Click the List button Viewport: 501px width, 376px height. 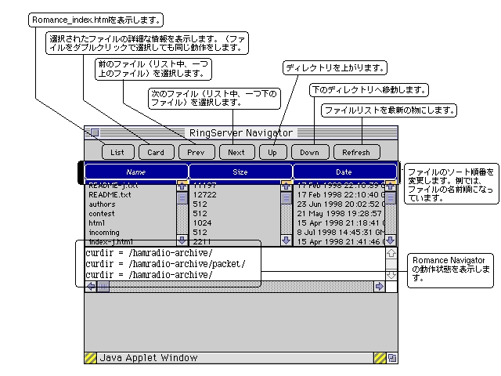(x=117, y=152)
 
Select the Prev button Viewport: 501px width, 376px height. (x=196, y=152)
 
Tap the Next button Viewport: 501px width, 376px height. (x=236, y=152)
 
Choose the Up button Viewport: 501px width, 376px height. (x=272, y=152)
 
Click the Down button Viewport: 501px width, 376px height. (x=310, y=152)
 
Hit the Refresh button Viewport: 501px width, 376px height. (x=356, y=152)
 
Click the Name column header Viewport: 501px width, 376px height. (x=136, y=172)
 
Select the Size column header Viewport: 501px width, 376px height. (x=240, y=172)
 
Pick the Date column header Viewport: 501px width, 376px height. (x=344, y=172)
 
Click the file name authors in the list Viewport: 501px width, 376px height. (x=102, y=204)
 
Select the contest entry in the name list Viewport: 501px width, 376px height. (x=102, y=214)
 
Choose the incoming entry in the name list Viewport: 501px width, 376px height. (x=104, y=233)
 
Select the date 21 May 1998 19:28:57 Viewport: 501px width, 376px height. (x=339, y=214)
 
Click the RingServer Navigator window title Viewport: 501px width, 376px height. (x=241, y=133)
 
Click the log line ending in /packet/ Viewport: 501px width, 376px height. (x=165, y=264)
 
